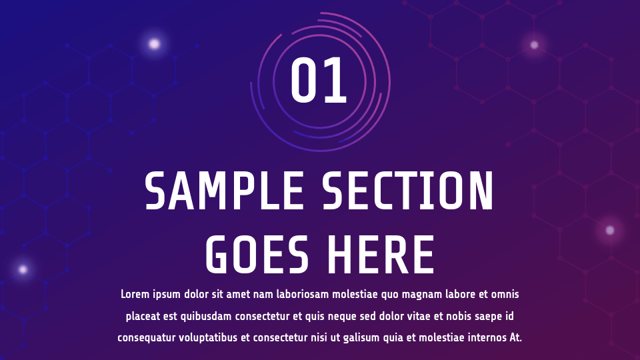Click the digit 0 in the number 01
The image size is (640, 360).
coord(304,81)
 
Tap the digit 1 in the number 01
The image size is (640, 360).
coord(335,81)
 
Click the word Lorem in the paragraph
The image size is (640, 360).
coord(135,294)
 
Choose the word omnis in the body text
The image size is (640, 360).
coord(505,294)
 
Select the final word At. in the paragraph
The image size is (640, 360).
coord(515,338)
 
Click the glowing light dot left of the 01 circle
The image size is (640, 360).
coord(154,44)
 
